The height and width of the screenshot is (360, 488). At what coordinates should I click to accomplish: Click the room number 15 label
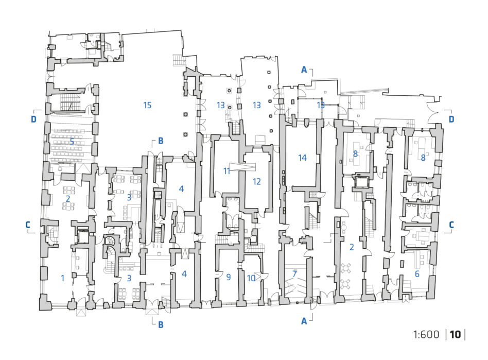(x=147, y=105)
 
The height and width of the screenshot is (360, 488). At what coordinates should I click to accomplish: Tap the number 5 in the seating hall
(x=72, y=142)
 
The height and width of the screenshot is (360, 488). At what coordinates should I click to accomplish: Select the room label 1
(x=63, y=278)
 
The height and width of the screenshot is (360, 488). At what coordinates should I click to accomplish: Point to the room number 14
(x=302, y=158)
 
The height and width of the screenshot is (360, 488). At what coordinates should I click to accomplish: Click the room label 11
(x=227, y=170)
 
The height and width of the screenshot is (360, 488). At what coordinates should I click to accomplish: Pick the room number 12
(x=257, y=182)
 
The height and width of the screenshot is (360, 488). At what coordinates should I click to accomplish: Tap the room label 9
(x=229, y=277)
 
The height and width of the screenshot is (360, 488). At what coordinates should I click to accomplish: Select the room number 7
(x=294, y=274)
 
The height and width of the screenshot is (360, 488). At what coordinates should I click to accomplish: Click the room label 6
(x=417, y=274)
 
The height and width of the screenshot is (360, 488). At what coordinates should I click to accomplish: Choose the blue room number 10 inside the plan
(x=251, y=278)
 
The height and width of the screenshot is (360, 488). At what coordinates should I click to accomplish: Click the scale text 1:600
(x=426, y=334)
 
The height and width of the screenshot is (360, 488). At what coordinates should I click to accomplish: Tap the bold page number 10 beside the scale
(x=455, y=334)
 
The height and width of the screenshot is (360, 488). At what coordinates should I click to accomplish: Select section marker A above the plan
(x=304, y=70)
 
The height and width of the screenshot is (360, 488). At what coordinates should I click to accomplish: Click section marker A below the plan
(x=304, y=321)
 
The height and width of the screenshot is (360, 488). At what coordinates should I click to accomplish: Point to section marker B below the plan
(x=161, y=324)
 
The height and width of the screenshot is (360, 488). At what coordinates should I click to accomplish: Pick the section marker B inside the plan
(x=161, y=141)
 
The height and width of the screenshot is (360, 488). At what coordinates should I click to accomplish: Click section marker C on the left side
(x=28, y=225)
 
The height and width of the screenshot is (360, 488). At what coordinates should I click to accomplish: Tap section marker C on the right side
(x=451, y=225)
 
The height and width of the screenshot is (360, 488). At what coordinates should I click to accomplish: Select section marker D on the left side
(x=33, y=119)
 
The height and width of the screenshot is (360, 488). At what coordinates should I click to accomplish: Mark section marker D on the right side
(x=451, y=119)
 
